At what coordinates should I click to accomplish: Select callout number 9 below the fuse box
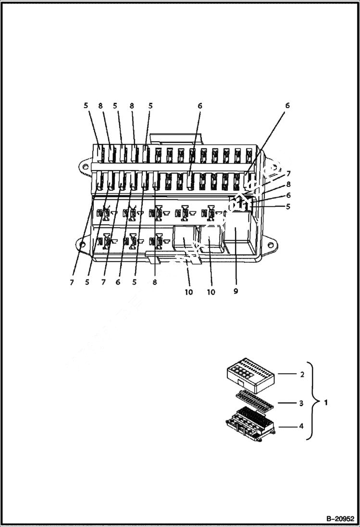[x=235, y=291]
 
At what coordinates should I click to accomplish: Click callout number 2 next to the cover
[x=302, y=374]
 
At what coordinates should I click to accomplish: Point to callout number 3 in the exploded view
[x=301, y=403]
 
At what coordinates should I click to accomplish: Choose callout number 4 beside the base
[x=301, y=425]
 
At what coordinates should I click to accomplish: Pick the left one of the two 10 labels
[x=189, y=292]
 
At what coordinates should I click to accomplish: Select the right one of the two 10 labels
[x=211, y=292]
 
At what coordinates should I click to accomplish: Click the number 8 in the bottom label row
[x=155, y=282]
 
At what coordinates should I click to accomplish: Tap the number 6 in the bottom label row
[x=118, y=282]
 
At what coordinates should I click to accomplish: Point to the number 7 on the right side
[x=288, y=173]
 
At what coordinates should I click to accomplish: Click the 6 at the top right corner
[x=287, y=105]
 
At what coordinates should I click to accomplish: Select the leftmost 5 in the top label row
[x=87, y=105]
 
